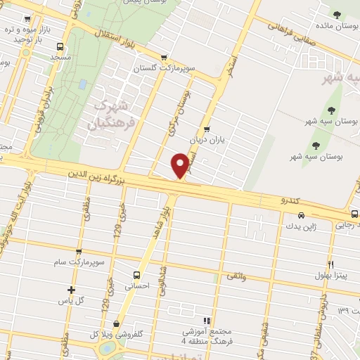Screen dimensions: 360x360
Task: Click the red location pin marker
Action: click(x=181, y=165)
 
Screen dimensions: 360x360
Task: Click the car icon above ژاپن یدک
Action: click(x=302, y=215)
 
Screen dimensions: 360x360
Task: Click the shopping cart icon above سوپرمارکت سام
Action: click(x=78, y=251)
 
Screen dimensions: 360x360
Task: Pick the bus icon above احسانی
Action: click(x=137, y=275)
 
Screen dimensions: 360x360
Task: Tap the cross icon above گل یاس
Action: click(x=70, y=290)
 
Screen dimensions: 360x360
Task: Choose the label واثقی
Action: click(x=236, y=278)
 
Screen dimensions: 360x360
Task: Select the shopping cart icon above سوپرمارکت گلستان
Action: click(x=164, y=58)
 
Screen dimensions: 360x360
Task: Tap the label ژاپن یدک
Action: click(x=301, y=226)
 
